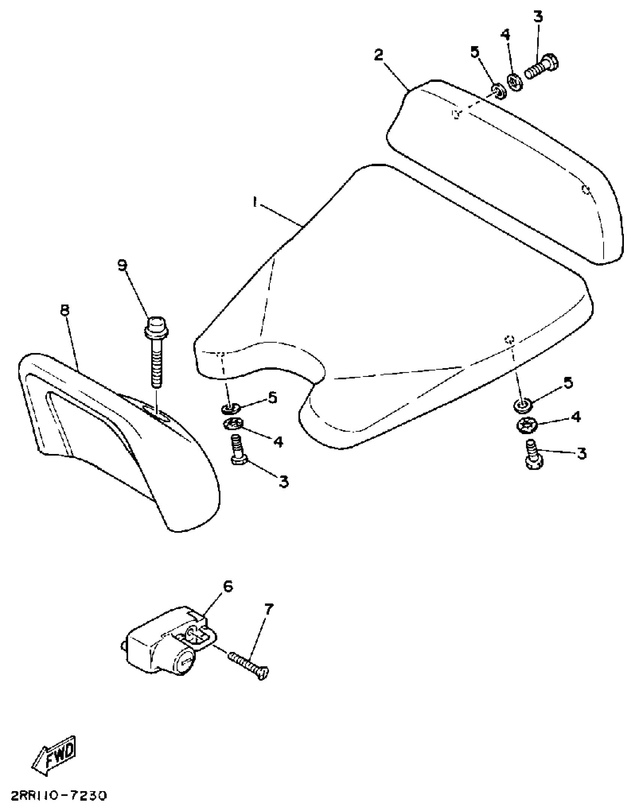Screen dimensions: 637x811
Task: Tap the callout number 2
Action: pyautogui.click(x=378, y=55)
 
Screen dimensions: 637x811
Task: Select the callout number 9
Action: pyautogui.click(x=123, y=265)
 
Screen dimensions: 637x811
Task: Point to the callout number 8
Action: pyautogui.click(x=65, y=310)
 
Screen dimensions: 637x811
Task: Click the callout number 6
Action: pyautogui.click(x=228, y=586)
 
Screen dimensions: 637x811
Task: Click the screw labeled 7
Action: pyautogui.click(x=249, y=668)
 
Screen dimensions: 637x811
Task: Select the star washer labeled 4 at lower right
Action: pyautogui.click(x=527, y=425)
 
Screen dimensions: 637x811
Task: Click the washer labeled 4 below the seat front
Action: pyautogui.click(x=232, y=424)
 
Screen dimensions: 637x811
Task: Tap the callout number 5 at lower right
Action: pyautogui.click(x=568, y=383)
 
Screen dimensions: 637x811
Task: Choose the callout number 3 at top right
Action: pyautogui.click(x=538, y=17)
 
